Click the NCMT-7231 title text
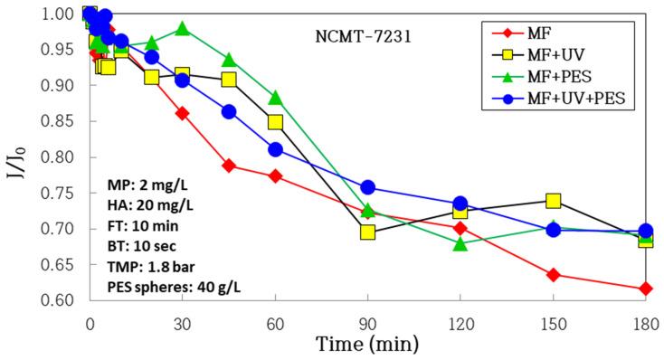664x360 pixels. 356,40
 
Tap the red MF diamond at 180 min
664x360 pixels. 645,289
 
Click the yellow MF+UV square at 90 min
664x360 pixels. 367,232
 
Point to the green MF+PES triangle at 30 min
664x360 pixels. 183,29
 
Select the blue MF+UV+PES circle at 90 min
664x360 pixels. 367,187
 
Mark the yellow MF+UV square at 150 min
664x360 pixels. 553,200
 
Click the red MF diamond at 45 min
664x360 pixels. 229,166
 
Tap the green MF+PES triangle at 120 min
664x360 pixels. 460,244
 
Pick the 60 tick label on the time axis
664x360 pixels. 275,322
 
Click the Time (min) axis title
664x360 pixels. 366,344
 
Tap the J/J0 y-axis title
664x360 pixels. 18,156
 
